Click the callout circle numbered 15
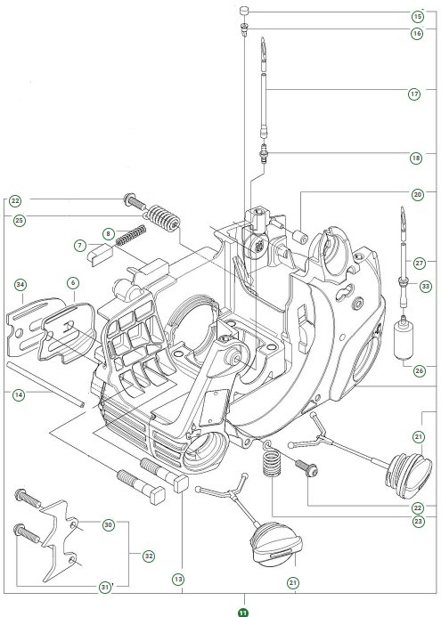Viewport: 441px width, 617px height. tap(417, 16)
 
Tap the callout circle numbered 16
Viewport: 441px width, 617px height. tap(417, 33)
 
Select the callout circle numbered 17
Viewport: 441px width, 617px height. tap(415, 93)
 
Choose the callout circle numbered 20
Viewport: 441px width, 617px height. tap(417, 194)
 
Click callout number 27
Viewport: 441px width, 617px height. tap(419, 261)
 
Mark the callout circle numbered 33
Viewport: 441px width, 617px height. tap(425, 286)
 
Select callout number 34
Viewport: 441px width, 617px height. tap(19, 284)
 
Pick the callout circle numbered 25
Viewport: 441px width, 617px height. tap(19, 219)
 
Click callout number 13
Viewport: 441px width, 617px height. tap(178, 580)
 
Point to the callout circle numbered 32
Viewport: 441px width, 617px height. tap(149, 556)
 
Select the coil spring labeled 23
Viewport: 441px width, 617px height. tap(271, 465)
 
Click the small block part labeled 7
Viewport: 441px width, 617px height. tap(97, 251)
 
